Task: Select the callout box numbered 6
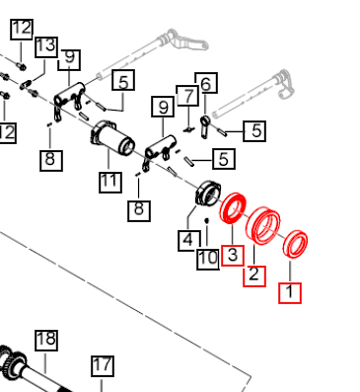(206, 83)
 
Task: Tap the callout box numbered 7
(187, 96)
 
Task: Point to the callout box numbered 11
(110, 182)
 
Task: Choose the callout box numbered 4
(189, 241)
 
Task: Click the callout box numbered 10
(208, 259)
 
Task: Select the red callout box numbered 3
(233, 256)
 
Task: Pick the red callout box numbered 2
(254, 276)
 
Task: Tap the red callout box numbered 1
(290, 292)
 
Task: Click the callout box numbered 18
(46, 341)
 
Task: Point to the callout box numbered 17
(103, 366)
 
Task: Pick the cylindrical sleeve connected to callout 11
(112, 137)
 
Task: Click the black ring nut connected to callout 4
(208, 194)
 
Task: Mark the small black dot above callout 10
(207, 220)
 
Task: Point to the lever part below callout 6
(204, 126)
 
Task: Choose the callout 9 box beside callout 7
(163, 107)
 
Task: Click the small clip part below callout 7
(188, 130)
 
